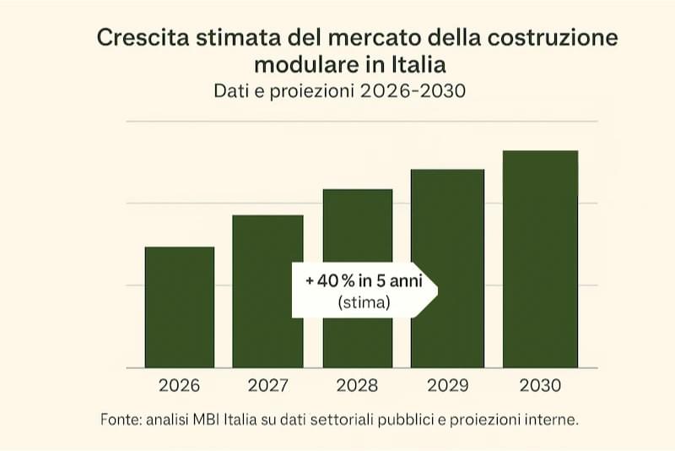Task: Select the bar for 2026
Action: tap(180, 307)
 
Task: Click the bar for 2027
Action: tap(267, 291)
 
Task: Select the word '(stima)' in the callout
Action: tap(364, 302)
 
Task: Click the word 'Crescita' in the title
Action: tap(140, 38)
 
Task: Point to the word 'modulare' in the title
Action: tap(297, 64)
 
